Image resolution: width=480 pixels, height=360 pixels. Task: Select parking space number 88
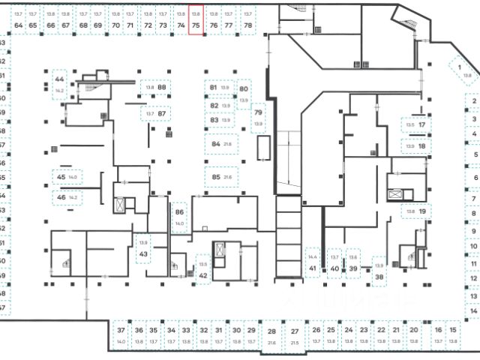click(156, 88)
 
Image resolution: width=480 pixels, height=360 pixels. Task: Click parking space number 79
click(258, 116)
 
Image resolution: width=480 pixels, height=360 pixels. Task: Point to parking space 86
click(179, 217)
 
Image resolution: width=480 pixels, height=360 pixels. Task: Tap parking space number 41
click(313, 264)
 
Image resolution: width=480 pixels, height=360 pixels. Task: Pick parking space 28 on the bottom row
click(272, 336)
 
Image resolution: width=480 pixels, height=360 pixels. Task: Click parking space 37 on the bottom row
click(121, 334)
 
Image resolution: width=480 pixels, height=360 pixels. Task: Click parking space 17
click(416, 124)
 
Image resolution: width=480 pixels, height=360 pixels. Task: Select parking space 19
click(417, 212)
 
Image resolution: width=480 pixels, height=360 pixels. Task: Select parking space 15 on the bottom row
click(452, 334)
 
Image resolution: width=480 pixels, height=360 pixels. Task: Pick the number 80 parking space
click(244, 93)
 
